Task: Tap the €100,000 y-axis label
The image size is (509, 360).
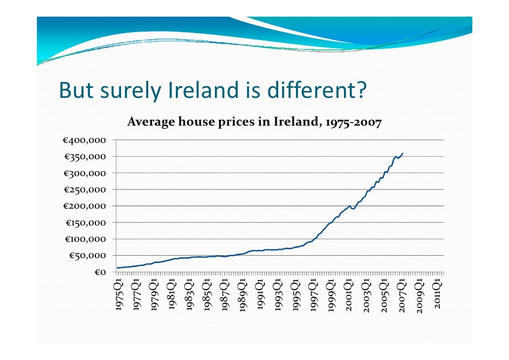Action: [x=85, y=239]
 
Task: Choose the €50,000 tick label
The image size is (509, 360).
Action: [x=87, y=256]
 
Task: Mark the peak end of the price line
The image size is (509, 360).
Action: [x=403, y=153]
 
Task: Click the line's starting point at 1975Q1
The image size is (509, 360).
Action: [x=117, y=268]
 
